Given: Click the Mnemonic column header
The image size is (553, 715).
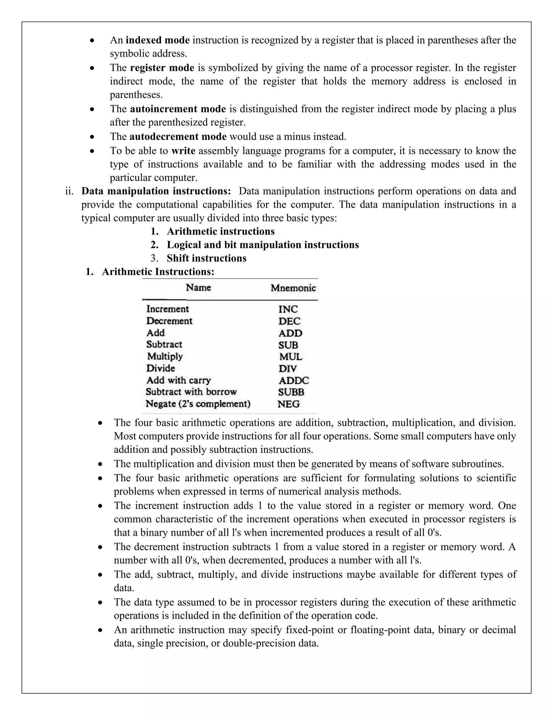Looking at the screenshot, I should [x=293, y=288].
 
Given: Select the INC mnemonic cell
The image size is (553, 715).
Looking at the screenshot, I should [x=288, y=309].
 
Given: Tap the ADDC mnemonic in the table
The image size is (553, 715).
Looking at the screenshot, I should [x=294, y=380].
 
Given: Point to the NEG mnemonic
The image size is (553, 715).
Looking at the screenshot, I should [x=288, y=404].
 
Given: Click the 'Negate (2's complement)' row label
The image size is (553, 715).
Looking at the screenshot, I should [x=198, y=404].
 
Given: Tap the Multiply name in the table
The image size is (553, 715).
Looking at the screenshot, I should [x=165, y=356].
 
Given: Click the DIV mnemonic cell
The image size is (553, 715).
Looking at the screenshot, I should [x=287, y=369].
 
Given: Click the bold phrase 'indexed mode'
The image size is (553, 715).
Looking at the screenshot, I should [x=158, y=40].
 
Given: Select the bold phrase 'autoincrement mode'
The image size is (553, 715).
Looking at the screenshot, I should [x=178, y=109].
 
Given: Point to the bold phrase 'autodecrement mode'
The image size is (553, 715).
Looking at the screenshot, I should [x=178, y=136].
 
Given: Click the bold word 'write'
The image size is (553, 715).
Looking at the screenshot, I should [x=183, y=151].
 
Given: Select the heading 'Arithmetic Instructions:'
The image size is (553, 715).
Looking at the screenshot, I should [x=158, y=271].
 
